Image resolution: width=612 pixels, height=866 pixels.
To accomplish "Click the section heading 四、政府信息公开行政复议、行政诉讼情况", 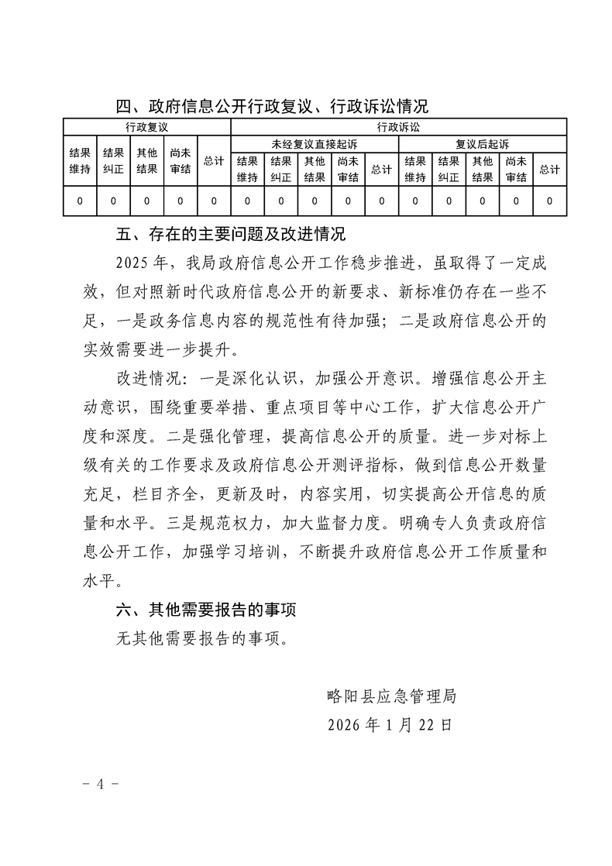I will point(271,106).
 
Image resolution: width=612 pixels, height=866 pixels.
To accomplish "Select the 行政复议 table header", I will point(146,126).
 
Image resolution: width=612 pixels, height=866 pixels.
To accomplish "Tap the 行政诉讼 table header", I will point(398,126).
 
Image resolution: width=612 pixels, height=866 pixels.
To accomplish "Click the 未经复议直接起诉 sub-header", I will point(315,144).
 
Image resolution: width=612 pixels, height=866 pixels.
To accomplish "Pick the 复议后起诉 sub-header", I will point(482,144).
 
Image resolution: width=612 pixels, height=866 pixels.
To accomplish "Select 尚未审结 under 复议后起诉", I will point(516,169).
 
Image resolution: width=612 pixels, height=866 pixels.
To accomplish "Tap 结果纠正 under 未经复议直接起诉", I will point(281,169).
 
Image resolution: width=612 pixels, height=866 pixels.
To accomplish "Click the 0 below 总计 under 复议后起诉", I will point(549,201).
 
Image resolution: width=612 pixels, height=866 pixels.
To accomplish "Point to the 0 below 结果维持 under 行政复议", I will point(80,201).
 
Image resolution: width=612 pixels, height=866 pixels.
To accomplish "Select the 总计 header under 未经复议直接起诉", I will point(381,170).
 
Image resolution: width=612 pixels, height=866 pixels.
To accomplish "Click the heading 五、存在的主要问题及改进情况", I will point(230,234).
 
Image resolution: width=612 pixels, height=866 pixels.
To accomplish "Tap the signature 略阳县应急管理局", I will point(391,696).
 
